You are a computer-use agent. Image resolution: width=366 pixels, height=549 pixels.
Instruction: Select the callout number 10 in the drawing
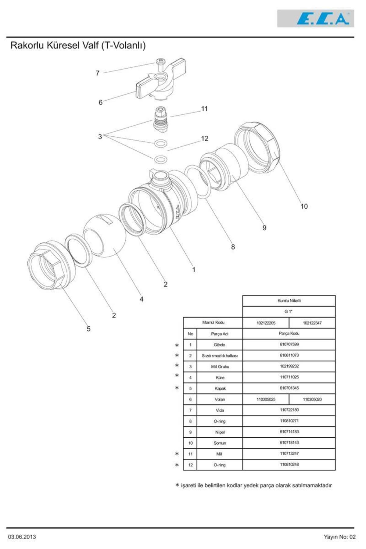(304, 206)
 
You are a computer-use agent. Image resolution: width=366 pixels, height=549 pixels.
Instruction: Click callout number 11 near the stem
(204, 109)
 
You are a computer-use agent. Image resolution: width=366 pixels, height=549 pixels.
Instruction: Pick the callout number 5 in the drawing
(88, 329)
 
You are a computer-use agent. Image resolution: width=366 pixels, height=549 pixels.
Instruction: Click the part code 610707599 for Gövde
(289, 344)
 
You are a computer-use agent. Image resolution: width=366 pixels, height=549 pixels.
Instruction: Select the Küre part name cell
(220, 378)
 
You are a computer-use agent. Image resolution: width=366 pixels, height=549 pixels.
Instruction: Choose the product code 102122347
(312, 323)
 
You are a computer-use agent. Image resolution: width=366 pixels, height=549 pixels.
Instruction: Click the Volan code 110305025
(266, 399)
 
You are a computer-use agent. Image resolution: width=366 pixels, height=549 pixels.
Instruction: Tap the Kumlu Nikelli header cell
(289, 301)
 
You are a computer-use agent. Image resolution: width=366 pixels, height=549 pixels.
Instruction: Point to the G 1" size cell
(289, 311)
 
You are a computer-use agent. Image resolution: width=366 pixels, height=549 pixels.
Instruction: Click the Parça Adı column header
(220, 334)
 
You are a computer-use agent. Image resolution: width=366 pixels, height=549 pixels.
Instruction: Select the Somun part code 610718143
(289, 443)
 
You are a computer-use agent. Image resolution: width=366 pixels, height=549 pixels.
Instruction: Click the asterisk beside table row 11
(177, 454)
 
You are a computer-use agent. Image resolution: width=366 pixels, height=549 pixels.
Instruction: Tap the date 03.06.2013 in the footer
(22, 537)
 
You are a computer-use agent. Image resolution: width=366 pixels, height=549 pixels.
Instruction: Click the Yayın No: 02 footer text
(339, 537)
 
